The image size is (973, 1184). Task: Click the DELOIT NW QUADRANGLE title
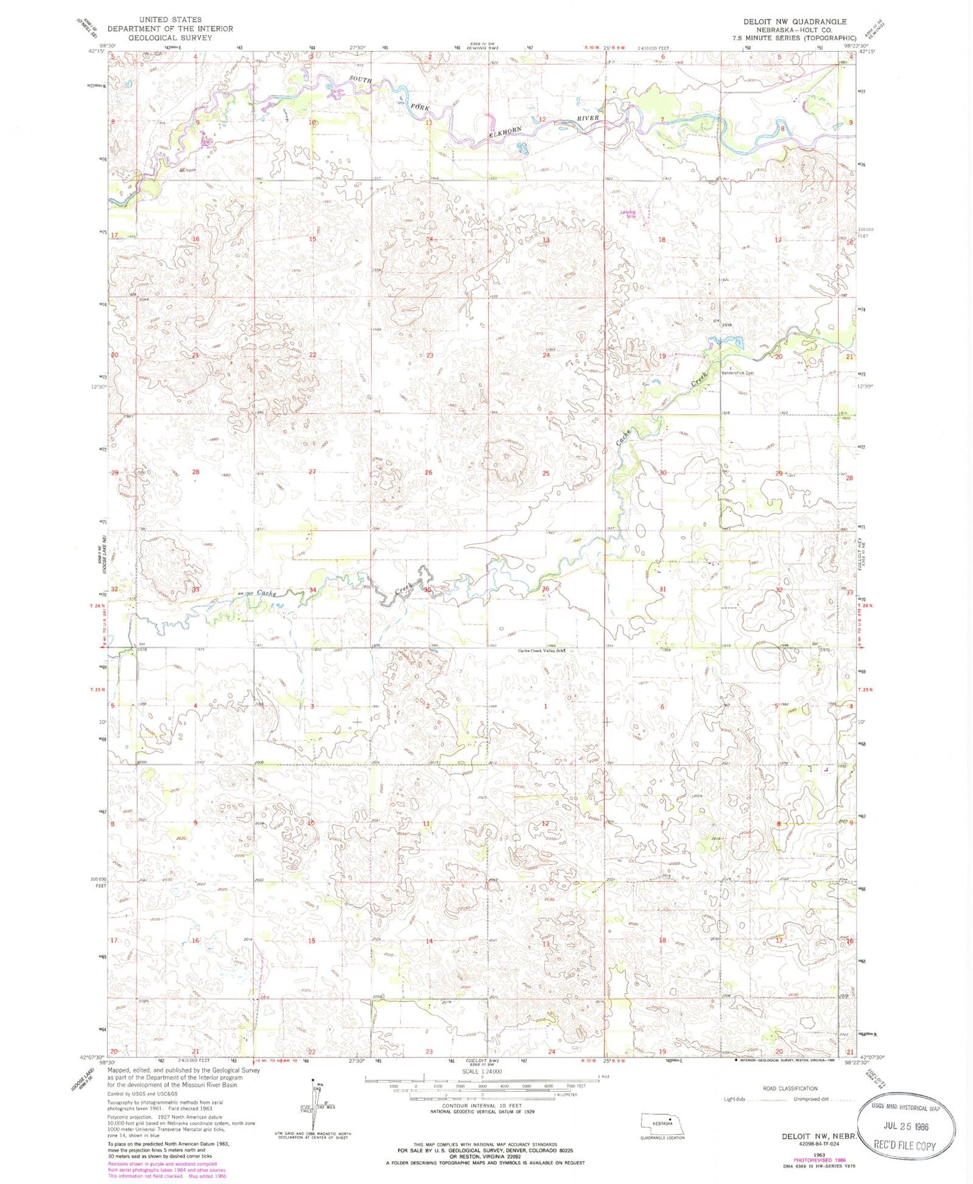point(795,22)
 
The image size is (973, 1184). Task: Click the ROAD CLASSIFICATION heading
point(791,1088)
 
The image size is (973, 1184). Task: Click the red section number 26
point(428,473)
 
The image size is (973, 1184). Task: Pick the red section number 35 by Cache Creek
point(428,590)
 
